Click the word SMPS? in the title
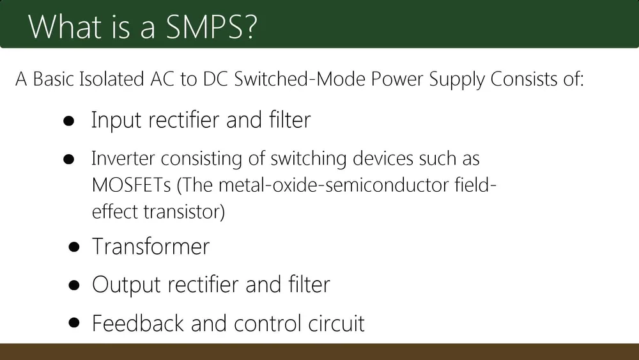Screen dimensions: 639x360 (x=212, y=26)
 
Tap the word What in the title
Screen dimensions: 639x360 (x=65, y=26)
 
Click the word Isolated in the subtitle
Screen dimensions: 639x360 (x=111, y=79)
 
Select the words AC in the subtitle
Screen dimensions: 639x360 (x=162, y=79)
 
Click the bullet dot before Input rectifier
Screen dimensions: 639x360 (x=69, y=121)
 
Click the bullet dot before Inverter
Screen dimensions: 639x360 (x=69, y=159)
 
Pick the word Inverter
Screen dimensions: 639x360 (x=123, y=158)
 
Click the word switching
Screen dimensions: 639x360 (x=309, y=159)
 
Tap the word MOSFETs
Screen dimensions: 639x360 (x=131, y=185)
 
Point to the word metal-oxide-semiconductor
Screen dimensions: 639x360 (x=334, y=185)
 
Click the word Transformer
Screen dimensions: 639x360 (x=151, y=246)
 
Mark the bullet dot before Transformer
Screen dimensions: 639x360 (x=74, y=247)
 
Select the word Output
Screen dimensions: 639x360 (x=127, y=285)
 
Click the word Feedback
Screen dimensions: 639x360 (x=138, y=323)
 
